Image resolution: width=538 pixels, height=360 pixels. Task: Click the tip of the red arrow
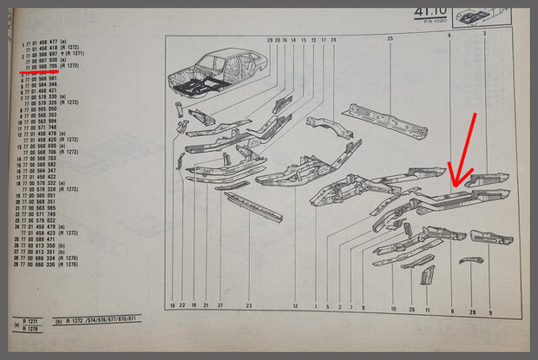pos(451,187)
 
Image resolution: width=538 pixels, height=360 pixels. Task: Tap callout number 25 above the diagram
pos(390,40)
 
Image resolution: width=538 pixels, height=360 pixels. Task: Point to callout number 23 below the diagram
pos(248,306)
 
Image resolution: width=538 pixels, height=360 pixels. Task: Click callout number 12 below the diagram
pos(296,306)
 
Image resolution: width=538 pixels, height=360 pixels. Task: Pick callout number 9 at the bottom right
pos(490,311)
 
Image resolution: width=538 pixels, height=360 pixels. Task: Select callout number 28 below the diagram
pos(473,311)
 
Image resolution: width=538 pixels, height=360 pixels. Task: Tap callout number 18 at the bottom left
pos(173,306)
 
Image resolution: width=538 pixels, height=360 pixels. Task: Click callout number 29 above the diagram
pos(270,40)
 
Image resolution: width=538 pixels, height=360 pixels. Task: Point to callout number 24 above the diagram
pos(333,40)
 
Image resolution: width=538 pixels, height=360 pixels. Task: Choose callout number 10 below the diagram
pos(392,309)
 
